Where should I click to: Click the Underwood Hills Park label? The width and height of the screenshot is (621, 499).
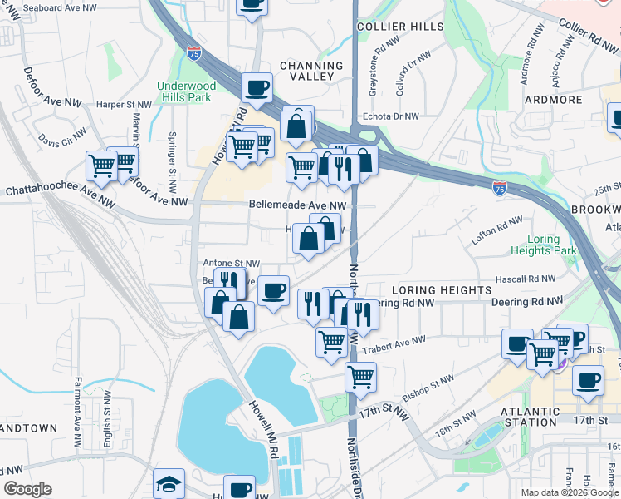pyautogui.click(x=186, y=91)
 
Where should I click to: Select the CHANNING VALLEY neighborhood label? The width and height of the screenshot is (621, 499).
pyautogui.click(x=311, y=72)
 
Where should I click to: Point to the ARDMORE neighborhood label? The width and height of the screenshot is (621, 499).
pyautogui.click(x=554, y=100)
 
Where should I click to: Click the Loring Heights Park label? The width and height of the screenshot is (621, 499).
pyautogui.click(x=552, y=245)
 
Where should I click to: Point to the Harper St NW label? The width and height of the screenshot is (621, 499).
pyautogui.click(x=124, y=106)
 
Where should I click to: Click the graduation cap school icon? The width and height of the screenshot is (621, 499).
pyautogui.click(x=169, y=484)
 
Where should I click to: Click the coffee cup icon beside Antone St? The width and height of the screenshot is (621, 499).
pyautogui.click(x=273, y=290)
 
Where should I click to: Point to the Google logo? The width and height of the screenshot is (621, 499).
pyautogui.click(x=27, y=489)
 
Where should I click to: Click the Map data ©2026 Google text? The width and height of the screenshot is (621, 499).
pyautogui.click(x=570, y=492)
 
